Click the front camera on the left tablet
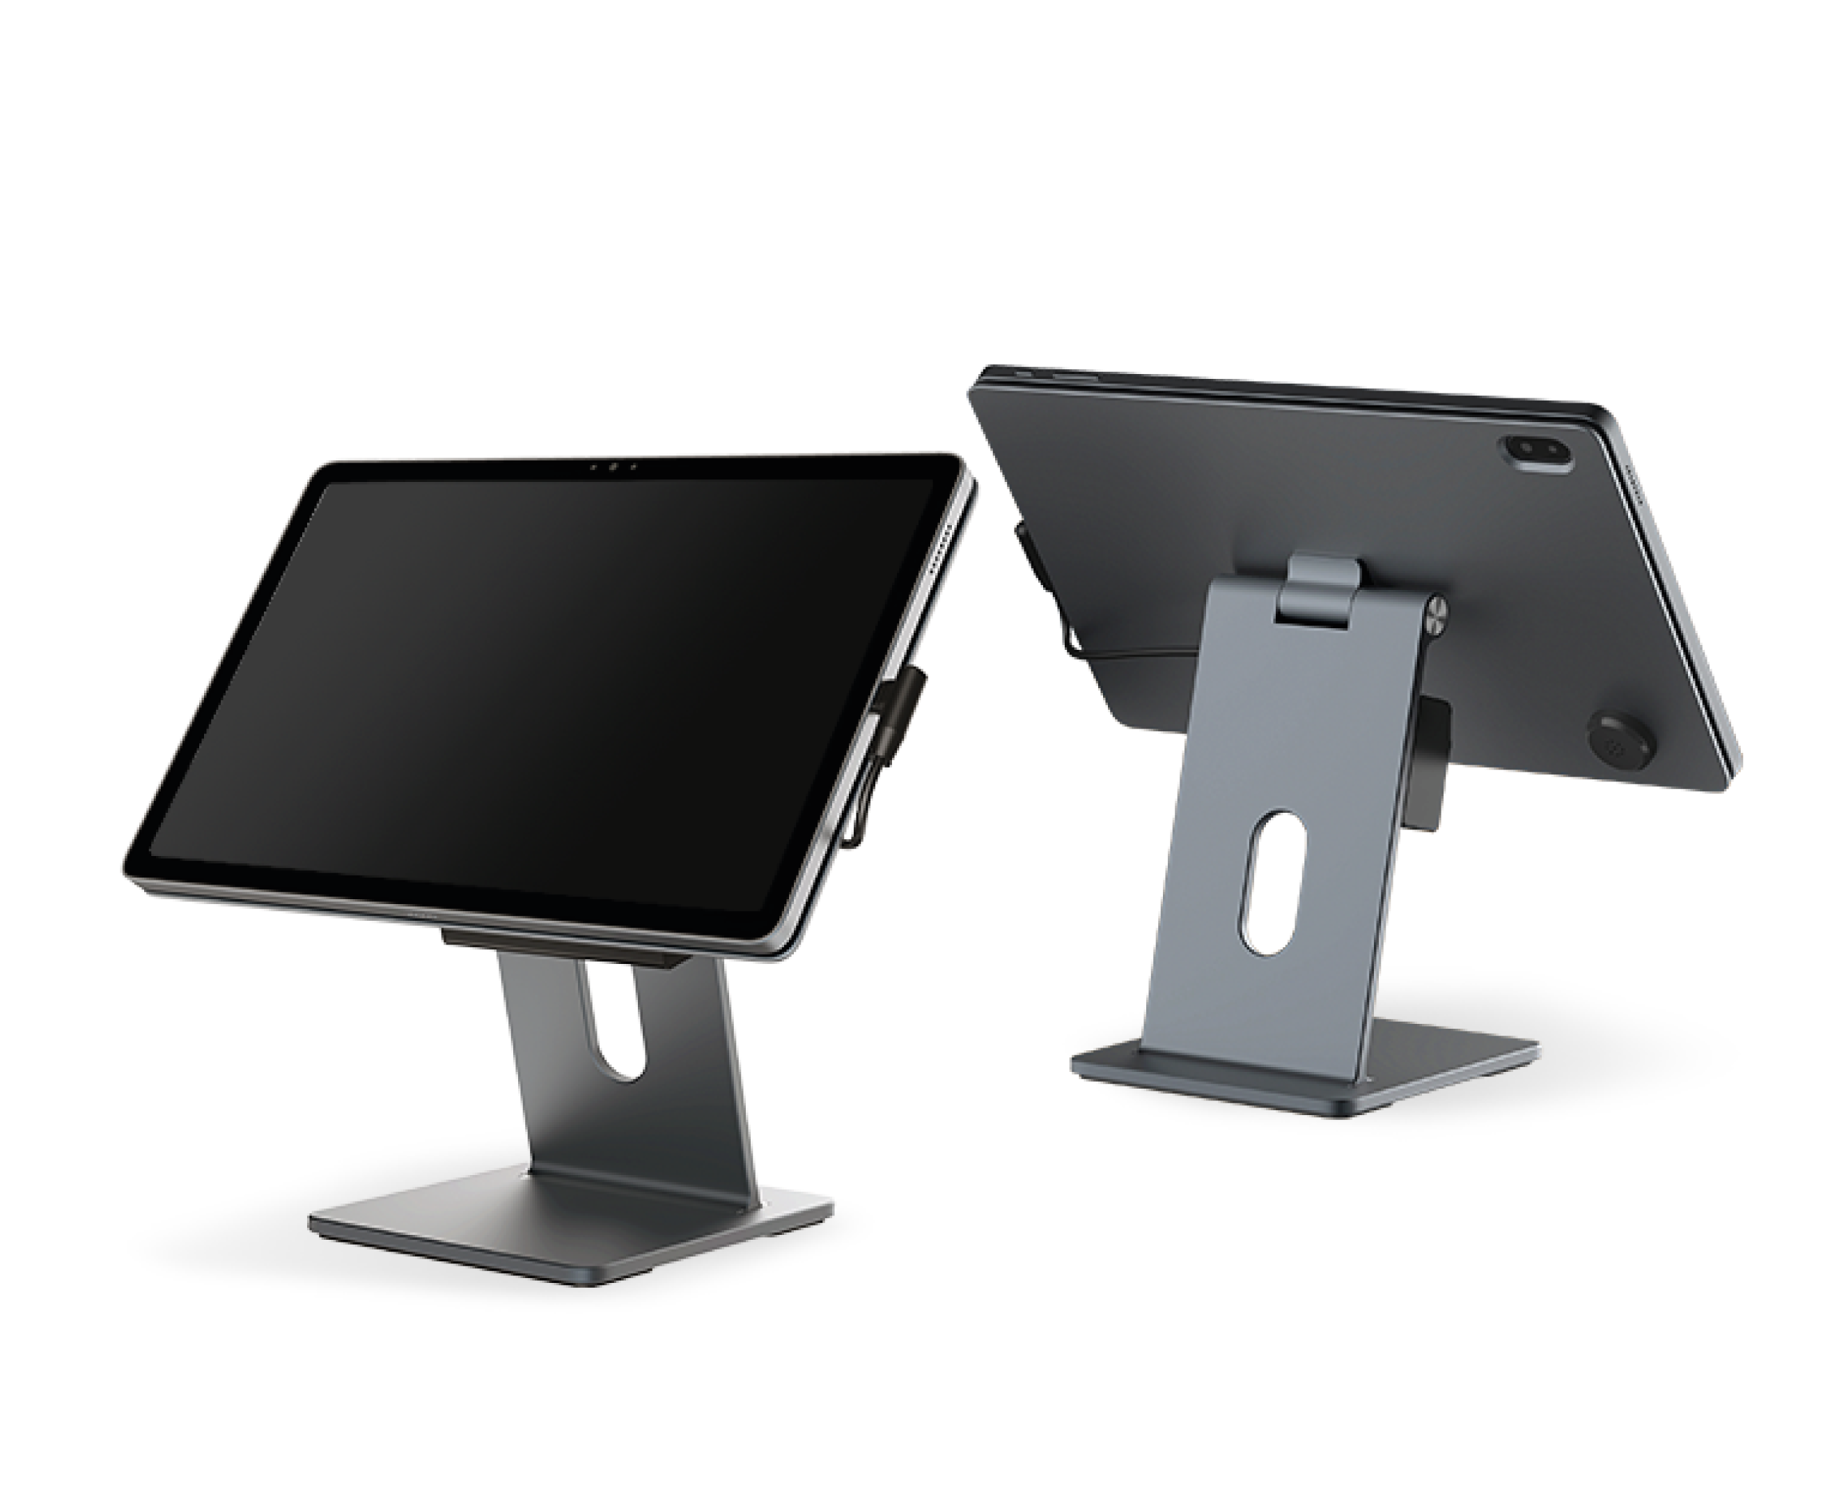[612, 467]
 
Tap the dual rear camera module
[1538, 453]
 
